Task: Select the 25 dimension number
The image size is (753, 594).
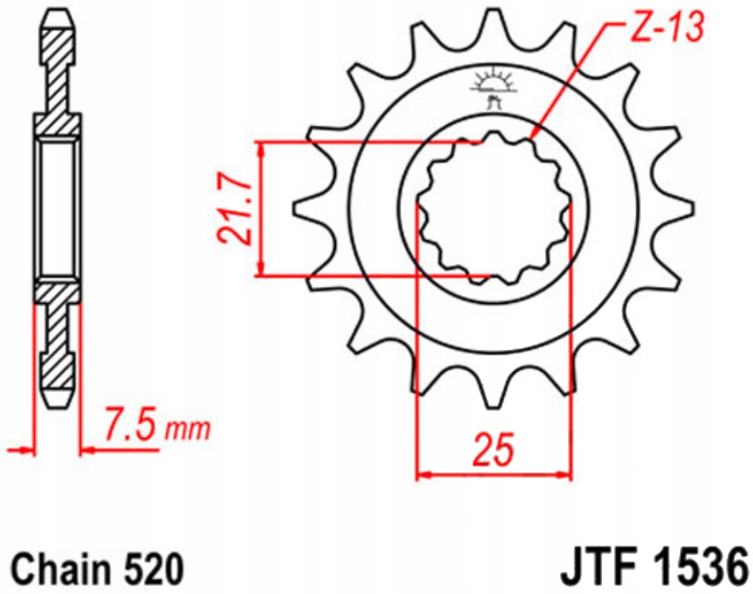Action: click(494, 450)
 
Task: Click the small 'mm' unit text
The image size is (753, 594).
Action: click(187, 429)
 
